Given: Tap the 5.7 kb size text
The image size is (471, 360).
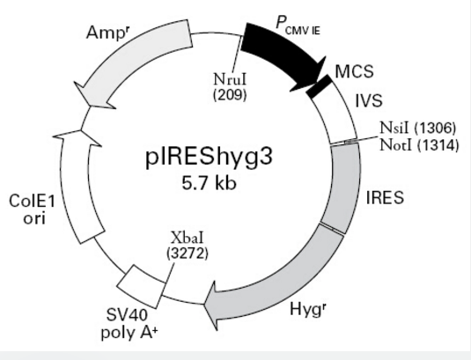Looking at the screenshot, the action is [209, 183].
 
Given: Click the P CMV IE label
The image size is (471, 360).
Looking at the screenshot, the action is [298, 26].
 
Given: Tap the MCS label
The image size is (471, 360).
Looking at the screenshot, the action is [354, 71].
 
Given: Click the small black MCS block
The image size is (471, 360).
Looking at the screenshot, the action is [319, 86].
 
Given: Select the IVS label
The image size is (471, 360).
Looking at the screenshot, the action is [369, 100].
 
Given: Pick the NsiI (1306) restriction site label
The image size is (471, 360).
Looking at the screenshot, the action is [418, 128].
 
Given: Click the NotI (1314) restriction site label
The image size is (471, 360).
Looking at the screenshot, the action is [419, 145].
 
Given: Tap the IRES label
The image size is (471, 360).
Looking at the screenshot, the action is [385, 198].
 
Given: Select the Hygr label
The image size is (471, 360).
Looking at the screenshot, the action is [308, 308].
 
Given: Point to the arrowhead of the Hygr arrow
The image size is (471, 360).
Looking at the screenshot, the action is [204, 305].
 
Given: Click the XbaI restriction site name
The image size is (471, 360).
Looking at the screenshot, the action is [188, 238].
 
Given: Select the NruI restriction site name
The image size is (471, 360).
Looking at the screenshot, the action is [230, 79].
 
